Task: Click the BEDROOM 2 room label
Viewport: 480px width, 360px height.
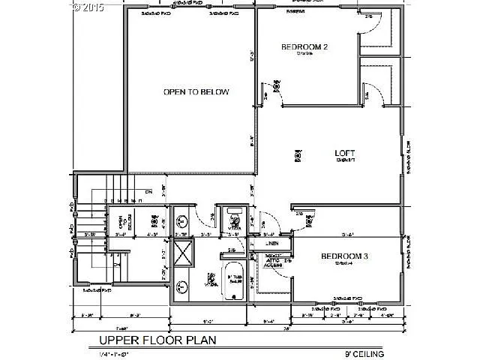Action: coord(305,47)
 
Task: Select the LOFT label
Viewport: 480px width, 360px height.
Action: coord(344,153)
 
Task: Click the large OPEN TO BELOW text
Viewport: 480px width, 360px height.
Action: coord(196,92)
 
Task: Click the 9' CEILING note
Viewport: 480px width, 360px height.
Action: coord(364,352)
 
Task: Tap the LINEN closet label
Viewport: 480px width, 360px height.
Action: coord(271,244)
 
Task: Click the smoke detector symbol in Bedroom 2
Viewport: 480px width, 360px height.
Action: coord(277,86)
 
